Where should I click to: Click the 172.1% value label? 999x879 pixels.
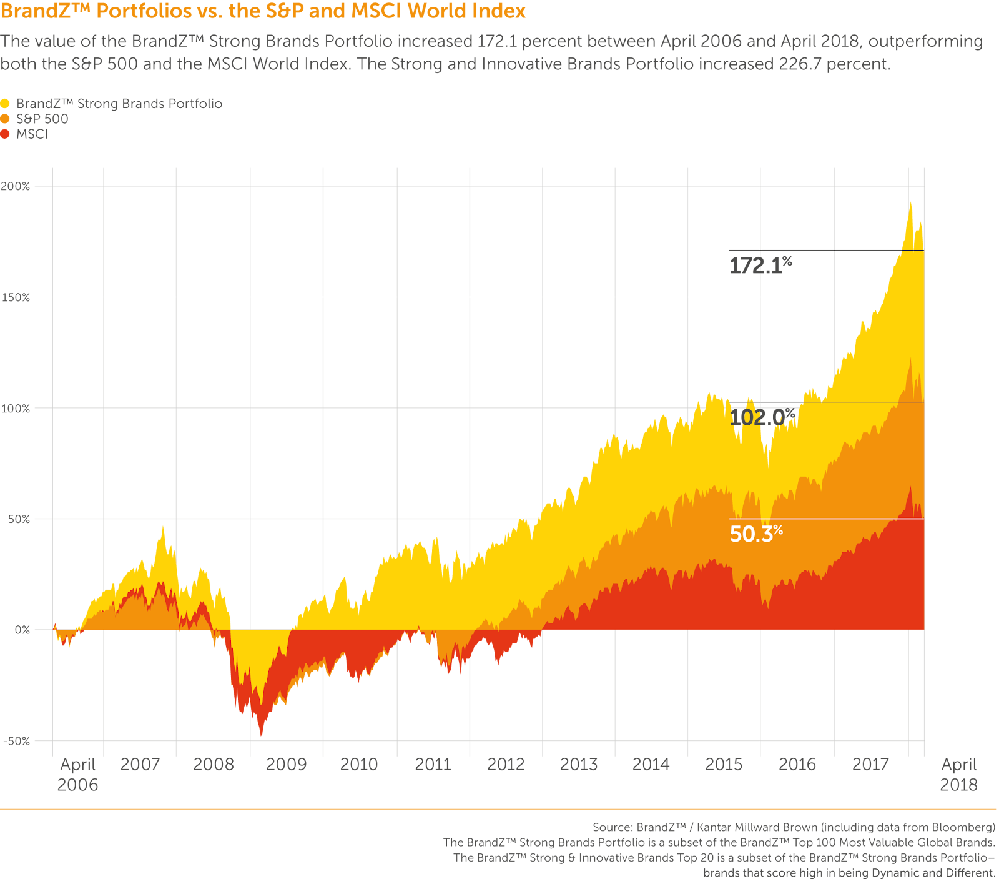[x=760, y=266]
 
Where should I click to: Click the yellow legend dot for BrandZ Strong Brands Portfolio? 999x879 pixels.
[x=5, y=104]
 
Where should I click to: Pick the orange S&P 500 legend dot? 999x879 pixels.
[x=5, y=119]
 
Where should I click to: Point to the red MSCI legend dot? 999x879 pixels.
[x=5, y=134]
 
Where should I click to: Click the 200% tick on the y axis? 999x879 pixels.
[x=16, y=186]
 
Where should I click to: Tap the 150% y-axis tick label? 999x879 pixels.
[x=16, y=297]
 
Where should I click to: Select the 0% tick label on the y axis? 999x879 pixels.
[x=22, y=630]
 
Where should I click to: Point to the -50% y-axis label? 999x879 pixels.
[x=16, y=741]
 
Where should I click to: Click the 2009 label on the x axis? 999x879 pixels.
[x=286, y=764]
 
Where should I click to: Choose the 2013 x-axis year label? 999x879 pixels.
[x=578, y=764]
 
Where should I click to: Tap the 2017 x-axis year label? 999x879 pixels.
[x=870, y=764]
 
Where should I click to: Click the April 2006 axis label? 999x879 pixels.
[x=77, y=775]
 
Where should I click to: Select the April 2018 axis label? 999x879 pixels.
[x=958, y=775]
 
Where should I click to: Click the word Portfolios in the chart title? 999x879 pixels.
[x=144, y=11]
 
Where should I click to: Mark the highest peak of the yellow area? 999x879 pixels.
[x=911, y=202]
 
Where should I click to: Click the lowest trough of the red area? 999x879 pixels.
[x=261, y=736]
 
